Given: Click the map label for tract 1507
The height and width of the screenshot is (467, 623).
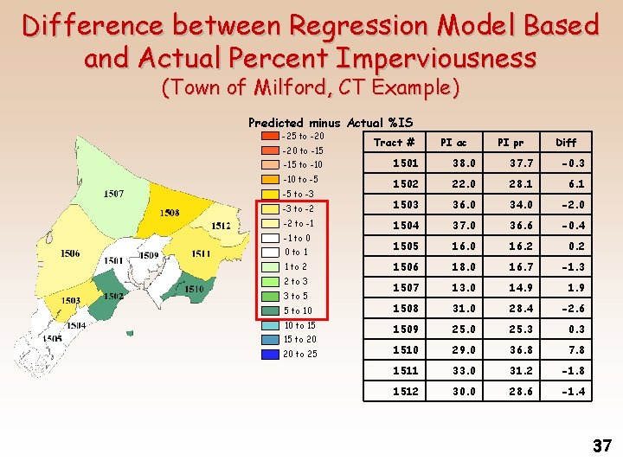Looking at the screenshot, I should point(112,194).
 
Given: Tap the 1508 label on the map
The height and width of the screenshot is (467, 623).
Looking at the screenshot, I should point(170,213).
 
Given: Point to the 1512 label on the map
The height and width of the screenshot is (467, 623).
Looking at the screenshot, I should point(221,227).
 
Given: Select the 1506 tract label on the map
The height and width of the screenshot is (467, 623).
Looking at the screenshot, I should point(71,253).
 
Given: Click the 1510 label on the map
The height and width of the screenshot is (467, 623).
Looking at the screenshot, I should point(194,289).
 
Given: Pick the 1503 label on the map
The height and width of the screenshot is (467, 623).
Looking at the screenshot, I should point(70,300).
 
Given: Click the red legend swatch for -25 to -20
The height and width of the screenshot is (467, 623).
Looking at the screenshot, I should point(268,136).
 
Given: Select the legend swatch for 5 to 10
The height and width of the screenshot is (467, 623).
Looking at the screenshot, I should point(268,310).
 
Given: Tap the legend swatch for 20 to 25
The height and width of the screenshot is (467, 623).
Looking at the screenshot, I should point(268,354).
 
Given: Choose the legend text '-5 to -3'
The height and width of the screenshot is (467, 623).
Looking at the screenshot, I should point(299,194).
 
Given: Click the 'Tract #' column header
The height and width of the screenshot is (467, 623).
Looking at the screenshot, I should point(394,143).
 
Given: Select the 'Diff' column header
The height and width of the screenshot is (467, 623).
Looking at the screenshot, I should point(566,143).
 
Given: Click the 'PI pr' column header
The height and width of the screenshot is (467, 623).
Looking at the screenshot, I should point(510,143).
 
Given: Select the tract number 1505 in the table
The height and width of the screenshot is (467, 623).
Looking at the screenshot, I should point(405,246).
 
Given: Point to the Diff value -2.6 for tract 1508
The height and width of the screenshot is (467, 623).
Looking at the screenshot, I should point(572,308).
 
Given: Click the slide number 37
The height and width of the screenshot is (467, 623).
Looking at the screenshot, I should point(602,446).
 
